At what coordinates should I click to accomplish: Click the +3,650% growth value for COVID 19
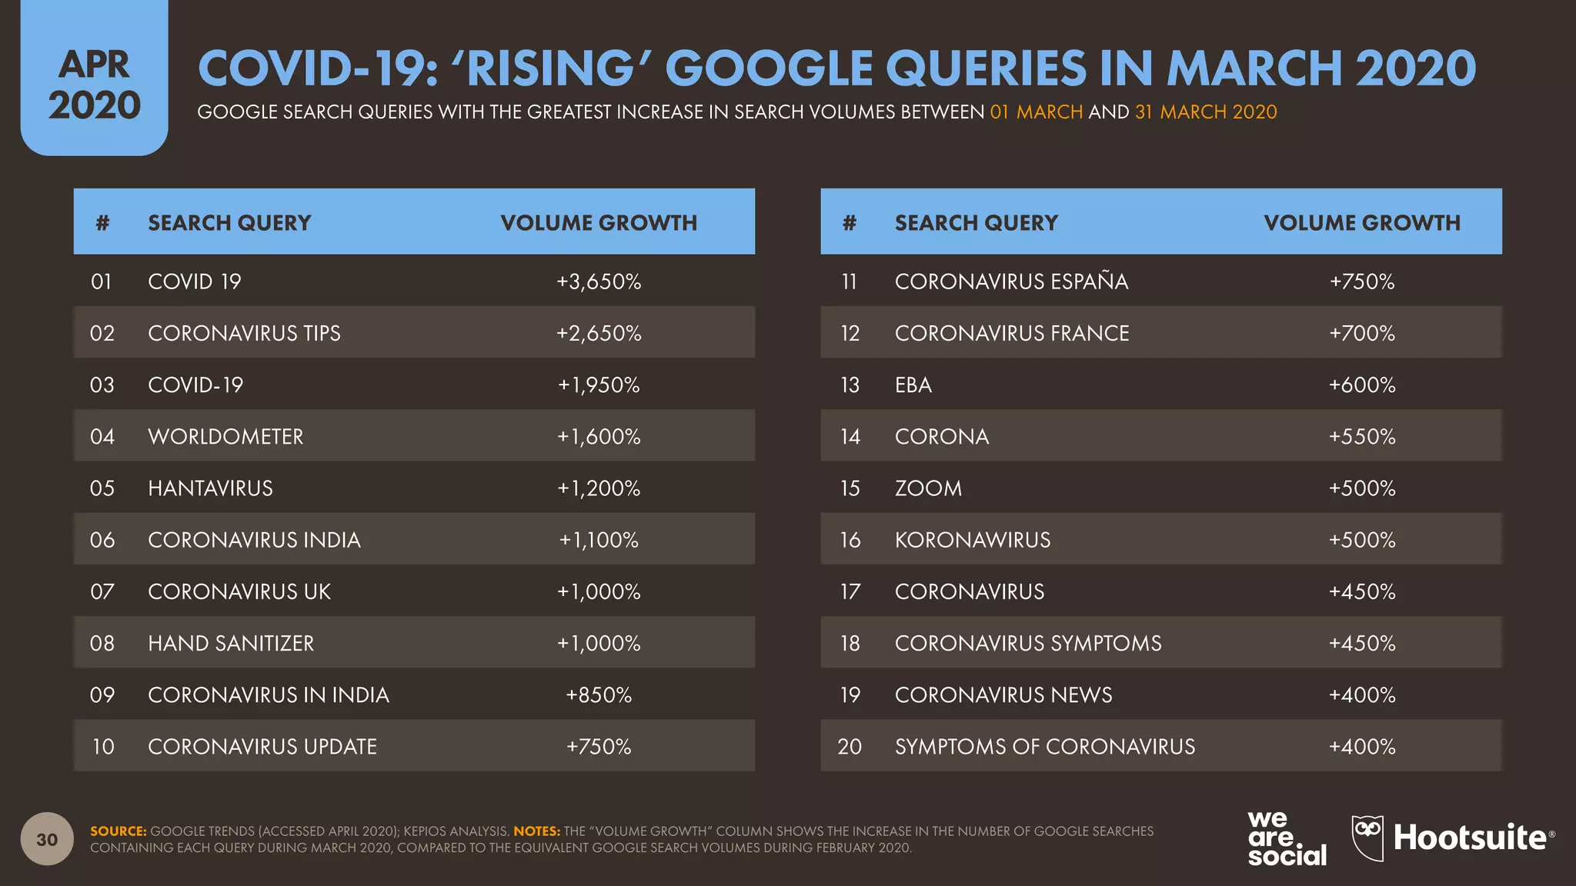point(599,281)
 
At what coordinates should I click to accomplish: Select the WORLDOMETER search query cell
point(225,437)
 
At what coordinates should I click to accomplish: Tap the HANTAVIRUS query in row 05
point(210,488)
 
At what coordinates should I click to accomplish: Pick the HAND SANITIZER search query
point(231,644)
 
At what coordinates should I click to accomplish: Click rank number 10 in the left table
point(102,747)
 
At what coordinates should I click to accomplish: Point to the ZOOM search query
point(928,488)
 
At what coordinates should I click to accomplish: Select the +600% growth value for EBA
point(1361,385)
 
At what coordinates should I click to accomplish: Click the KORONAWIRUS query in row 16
point(972,540)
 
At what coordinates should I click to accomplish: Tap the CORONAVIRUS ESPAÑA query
point(1011,281)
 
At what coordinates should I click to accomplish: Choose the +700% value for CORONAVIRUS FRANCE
point(1361,334)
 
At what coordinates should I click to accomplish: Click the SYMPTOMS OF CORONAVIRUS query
point(1044,747)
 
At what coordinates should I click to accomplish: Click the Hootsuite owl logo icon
point(1367,837)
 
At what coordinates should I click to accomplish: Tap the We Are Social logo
point(1286,838)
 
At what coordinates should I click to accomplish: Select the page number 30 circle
point(47,839)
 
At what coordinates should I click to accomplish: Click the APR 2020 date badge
point(94,85)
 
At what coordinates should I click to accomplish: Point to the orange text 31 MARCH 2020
point(1205,112)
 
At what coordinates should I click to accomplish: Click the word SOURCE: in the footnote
point(118,831)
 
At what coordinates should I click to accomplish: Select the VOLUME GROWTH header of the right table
point(1361,223)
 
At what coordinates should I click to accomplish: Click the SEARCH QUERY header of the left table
point(229,223)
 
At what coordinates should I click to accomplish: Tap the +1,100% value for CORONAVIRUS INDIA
point(599,540)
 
